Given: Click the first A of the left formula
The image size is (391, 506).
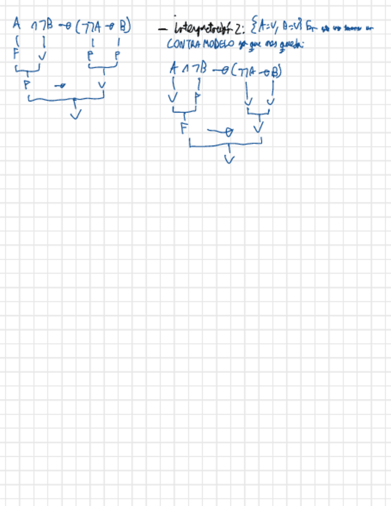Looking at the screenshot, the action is click(17, 25).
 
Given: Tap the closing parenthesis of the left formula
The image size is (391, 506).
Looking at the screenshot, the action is click(129, 27).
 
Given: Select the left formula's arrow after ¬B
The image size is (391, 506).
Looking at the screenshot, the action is click(66, 27).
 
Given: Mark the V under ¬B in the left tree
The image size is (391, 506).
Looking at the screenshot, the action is click(42, 57).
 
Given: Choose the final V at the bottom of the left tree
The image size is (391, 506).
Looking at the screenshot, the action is click(75, 115).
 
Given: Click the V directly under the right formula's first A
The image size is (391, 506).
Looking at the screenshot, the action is click(173, 97).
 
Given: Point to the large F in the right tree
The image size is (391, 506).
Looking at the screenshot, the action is click(184, 127).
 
